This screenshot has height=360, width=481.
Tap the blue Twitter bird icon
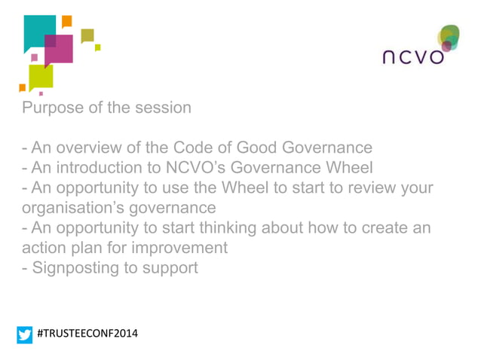[26, 334]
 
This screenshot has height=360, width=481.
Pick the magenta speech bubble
[60, 49]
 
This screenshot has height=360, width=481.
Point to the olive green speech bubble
[87, 35]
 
